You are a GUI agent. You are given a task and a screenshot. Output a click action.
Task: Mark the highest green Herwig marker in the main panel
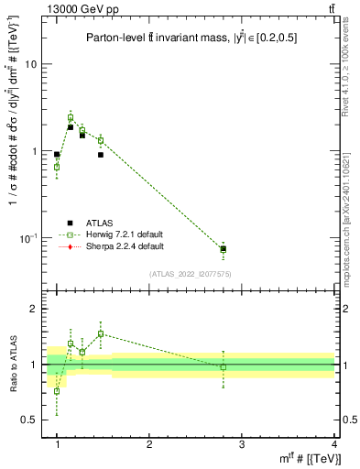(71, 117)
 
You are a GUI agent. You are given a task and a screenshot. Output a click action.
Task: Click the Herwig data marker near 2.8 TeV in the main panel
(224, 249)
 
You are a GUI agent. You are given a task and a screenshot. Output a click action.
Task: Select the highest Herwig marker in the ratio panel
(101, 333)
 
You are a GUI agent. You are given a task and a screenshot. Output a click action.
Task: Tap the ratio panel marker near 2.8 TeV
(224, 366)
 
